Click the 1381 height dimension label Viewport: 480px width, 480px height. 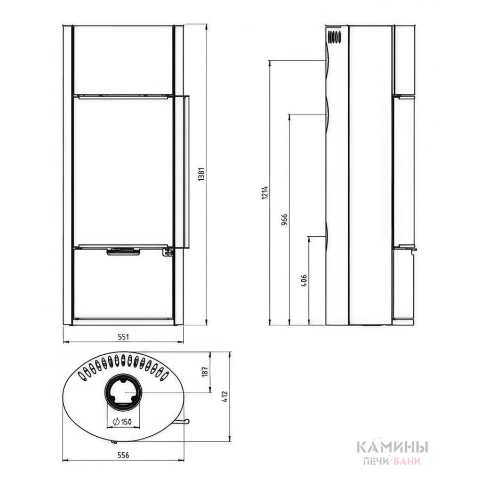click(201, 174)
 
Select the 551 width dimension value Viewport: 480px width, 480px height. click(123, 337)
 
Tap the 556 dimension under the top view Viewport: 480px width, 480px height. click(123, 455)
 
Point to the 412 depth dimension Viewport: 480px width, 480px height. click(225, 397)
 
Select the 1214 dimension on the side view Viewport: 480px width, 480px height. click(265, 193)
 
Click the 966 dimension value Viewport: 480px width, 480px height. click(285, 220)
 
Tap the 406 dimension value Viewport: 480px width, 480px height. click(304, 281)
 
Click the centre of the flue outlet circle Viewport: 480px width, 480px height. click(123, 393)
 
